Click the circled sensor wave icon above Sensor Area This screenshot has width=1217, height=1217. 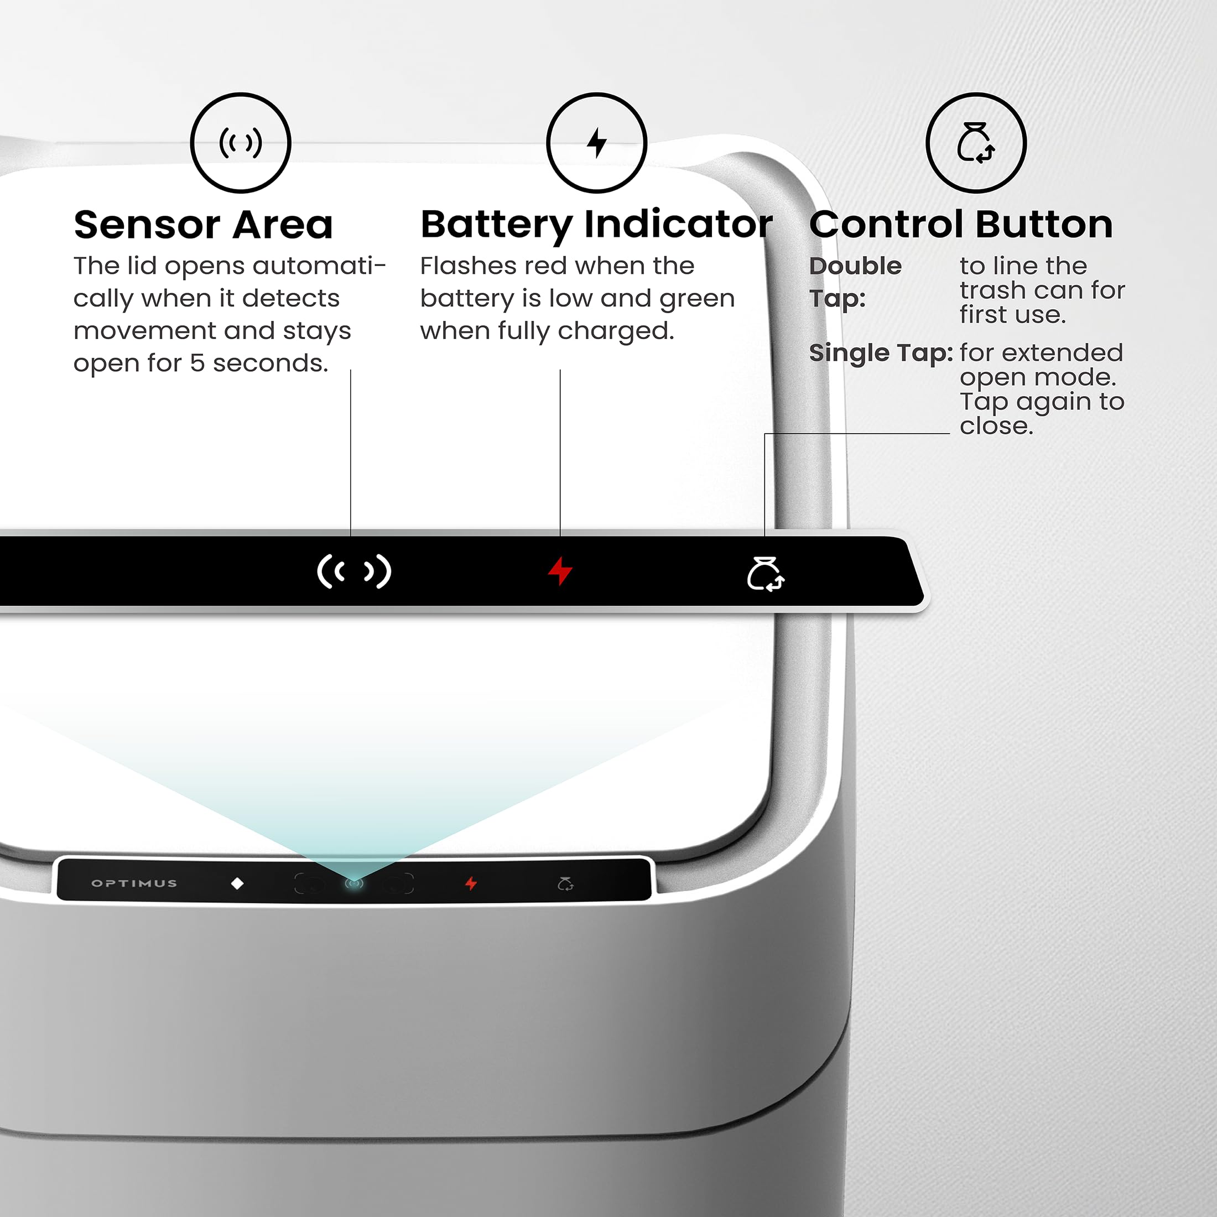click(x=241, y=143)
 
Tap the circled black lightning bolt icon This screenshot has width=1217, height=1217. click(x=596, y=143)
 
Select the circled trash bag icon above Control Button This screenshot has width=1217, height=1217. click(x=976, y=143)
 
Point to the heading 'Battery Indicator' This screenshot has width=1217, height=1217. click(x=596, y=225)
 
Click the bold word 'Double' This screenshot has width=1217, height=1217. click(x=855, y=266)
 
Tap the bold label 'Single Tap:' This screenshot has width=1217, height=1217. click(x=881, y=353)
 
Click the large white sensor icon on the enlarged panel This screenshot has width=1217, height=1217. click(x=354, y=572)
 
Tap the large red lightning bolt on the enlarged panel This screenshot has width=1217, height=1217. click(x=559, y=571)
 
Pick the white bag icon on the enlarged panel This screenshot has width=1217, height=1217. click(x=766, y=574)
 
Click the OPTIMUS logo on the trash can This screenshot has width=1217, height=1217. click(x=134, y=883)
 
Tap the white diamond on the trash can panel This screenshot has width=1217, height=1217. click(x=237, y=883)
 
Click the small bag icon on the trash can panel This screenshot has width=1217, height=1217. click(x=565, y=884)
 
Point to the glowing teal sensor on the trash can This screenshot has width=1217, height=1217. click(x=354, y=883)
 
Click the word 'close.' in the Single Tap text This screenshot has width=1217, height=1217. click(x=996, y=427)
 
